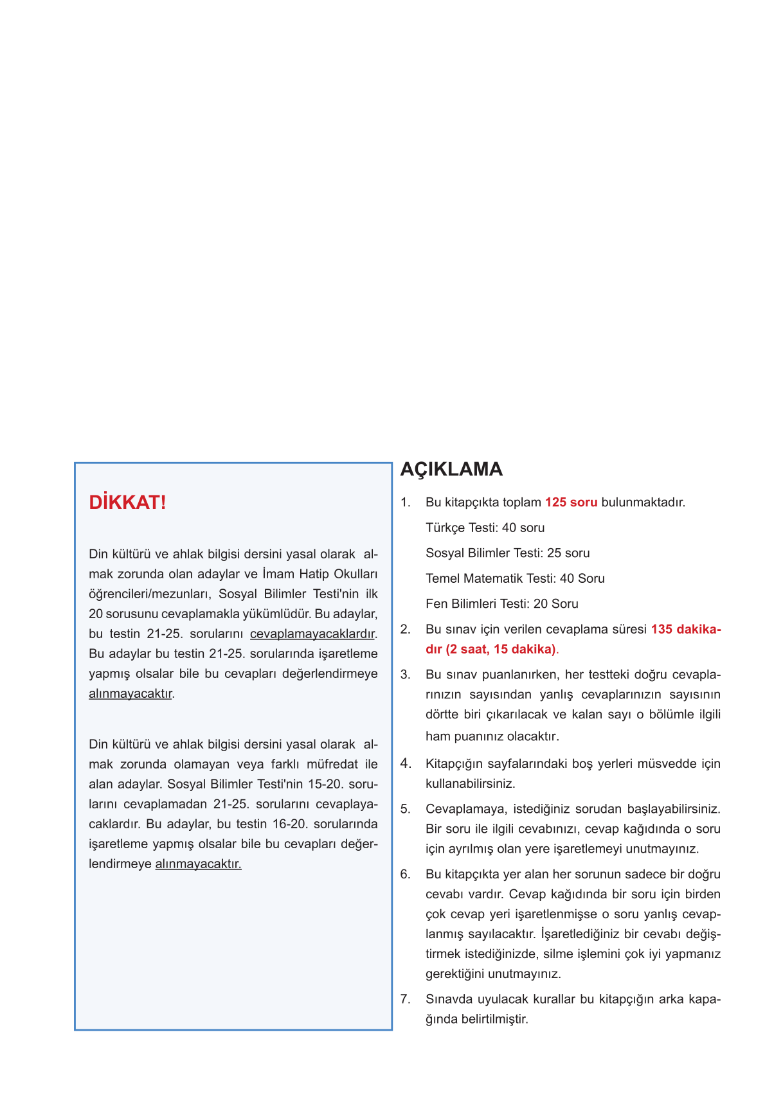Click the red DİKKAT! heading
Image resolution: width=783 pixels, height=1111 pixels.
pyautogui.click(x=127, y=502)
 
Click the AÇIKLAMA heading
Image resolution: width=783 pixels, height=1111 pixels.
pyautogui.click(x=451, y=469)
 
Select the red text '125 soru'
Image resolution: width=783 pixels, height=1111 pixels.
pyautogui.click(x=571, y=502)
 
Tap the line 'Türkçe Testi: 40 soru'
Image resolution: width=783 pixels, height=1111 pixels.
pyautogui.click(x=485, y=528)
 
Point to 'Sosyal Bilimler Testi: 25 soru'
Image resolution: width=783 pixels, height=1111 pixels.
pyautogui.click(x=507, y=553)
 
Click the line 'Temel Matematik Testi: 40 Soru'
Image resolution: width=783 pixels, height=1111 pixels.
pyautogui.click(x=515, y=578)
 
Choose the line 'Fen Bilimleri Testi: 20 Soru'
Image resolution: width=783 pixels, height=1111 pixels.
pyautogui.click(x=501, y=604)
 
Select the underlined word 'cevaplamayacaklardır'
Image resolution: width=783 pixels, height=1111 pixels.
pyautogui.click(x=312, y=634)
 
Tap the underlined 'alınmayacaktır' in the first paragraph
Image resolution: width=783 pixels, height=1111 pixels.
pyautogui.click(x=130, y=694)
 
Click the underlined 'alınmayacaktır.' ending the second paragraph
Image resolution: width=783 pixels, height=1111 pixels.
pyautogui.click(x=198, y=864)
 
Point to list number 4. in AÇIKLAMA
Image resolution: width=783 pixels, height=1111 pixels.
pyautogui.click(x=406, y=763)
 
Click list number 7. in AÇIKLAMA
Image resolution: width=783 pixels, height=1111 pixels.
pyautogui.click(x=406, y=999)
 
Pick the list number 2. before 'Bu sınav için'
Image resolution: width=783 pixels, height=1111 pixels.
pyautogui.click(x=406, y=629)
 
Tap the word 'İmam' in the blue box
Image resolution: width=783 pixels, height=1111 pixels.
pyautogui.click(x=278, y=574)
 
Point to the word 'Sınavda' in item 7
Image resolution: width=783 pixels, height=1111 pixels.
pyautogui.click(x=447, y=999)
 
